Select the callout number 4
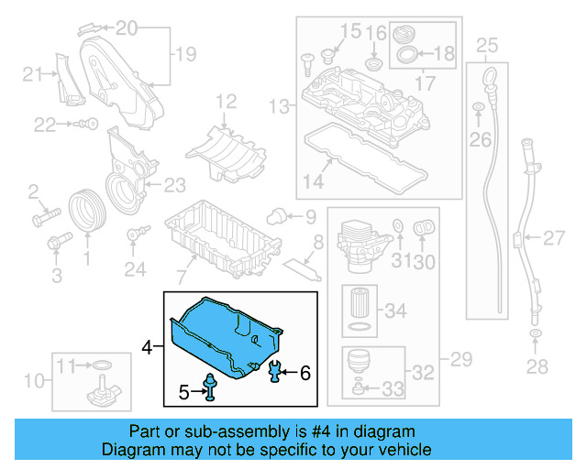pyautogui.click(x=147, y=347)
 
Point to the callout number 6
pyautogui.click(x=305, y=372)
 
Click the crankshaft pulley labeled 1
pyautogui.click(x=88, y=209)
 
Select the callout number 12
pyautogui.click(x=226, y=101)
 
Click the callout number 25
pyautogui.click(x=487, y=44)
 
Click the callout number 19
pyautogui.click(x=185, y=54)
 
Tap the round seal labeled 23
pyautogui.click(x=119, y=191)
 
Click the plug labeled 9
pyautogui.click(x=273, y=215)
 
